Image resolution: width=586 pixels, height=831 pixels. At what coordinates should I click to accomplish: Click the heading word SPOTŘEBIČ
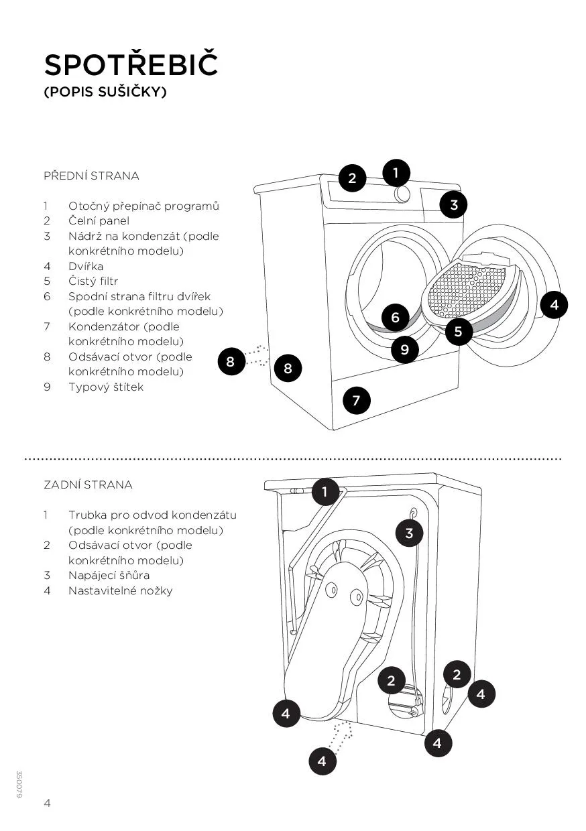click(131, 65)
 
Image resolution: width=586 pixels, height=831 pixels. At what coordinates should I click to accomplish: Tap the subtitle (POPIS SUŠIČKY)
click(105, 92)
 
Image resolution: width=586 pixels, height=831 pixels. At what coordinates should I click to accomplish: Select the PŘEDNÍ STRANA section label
click(91, 176)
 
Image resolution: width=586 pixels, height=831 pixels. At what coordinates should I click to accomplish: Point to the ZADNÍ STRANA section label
click(88, 485)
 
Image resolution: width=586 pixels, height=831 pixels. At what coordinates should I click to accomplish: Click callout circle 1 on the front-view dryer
click(396, 173)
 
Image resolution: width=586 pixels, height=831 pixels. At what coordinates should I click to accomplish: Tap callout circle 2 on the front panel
click(352, 178)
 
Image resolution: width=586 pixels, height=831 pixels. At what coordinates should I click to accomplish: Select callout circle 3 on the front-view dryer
click(454, 204)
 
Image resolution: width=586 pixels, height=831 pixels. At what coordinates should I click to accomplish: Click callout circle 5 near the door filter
click(459, 331)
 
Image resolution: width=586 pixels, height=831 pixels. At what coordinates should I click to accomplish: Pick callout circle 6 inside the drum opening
click(396, 317)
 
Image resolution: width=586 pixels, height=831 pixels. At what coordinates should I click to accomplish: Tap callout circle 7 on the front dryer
click(356, 401)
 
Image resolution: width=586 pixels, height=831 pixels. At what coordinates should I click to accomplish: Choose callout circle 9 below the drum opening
click(405, 349)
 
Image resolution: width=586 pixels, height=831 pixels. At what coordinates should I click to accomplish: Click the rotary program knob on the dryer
click(402, 194)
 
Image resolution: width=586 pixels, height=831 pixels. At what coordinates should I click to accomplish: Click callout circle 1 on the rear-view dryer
click(325, 493)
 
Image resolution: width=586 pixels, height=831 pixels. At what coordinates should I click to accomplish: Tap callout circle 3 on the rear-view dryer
click(410, 533)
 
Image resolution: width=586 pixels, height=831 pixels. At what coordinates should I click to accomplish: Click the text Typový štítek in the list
click(105, 387)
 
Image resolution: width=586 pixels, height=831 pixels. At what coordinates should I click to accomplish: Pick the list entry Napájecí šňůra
click(109, 576)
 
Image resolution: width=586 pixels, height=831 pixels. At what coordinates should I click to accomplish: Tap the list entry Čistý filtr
click(93, 281)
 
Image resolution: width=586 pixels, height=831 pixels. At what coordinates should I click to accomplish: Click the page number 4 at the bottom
click(47, 804)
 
